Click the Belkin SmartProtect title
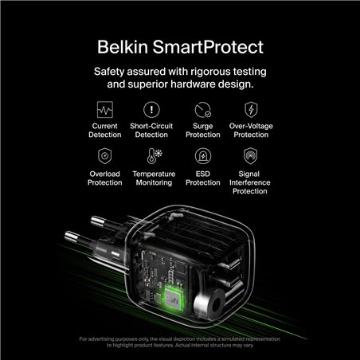tap(179, 42)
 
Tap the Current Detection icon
tap(105, 109)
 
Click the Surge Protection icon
tap(202, 109)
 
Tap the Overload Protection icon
tap(105, 155)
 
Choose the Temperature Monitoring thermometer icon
tap(153, 155)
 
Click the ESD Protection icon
tap(202, 155)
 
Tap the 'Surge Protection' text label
tap(202, 130)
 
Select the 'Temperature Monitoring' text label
tap(153, 178)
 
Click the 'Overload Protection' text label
tap(105, 178)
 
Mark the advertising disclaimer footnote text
tap(179, 342)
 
